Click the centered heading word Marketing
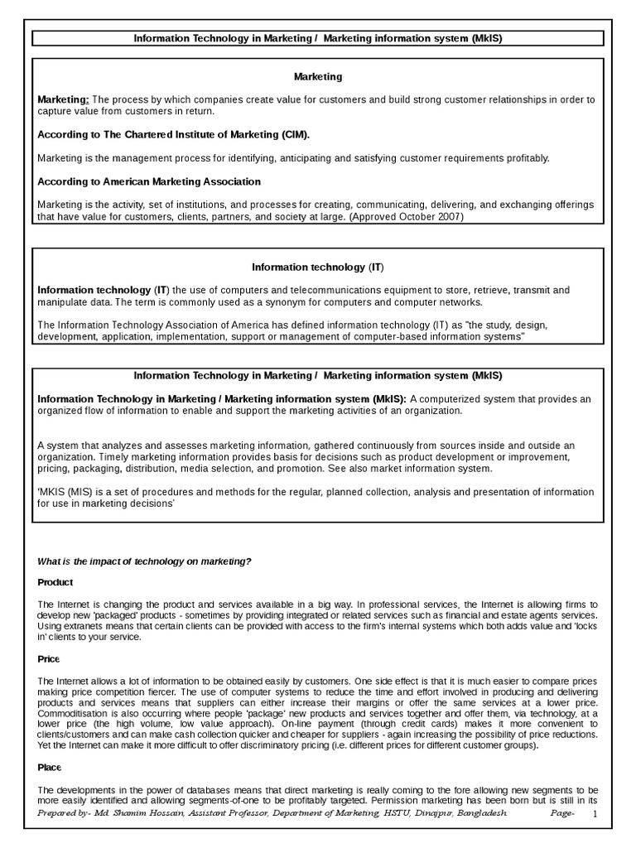(x=318, y=77)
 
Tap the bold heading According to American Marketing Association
(x=149, y=181)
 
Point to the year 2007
(x=448, y=217)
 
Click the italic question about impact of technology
(x=144, y=561)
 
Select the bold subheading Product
(x=55, y=582)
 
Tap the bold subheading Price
(x=49, y=658)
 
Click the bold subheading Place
(x=50, y=768)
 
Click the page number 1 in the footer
(x=595, y=816)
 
